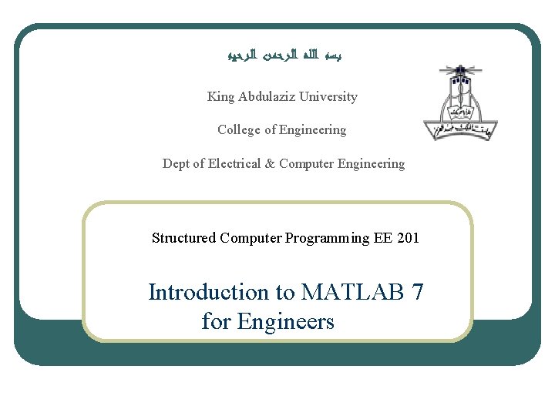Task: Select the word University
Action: (328, 97)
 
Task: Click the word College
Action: (239, 130)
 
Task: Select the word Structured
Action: (184, 238)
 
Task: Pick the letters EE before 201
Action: (383, 238)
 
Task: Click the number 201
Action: (409, 238)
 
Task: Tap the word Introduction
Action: (207, 293)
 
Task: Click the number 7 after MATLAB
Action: (417, 293)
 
